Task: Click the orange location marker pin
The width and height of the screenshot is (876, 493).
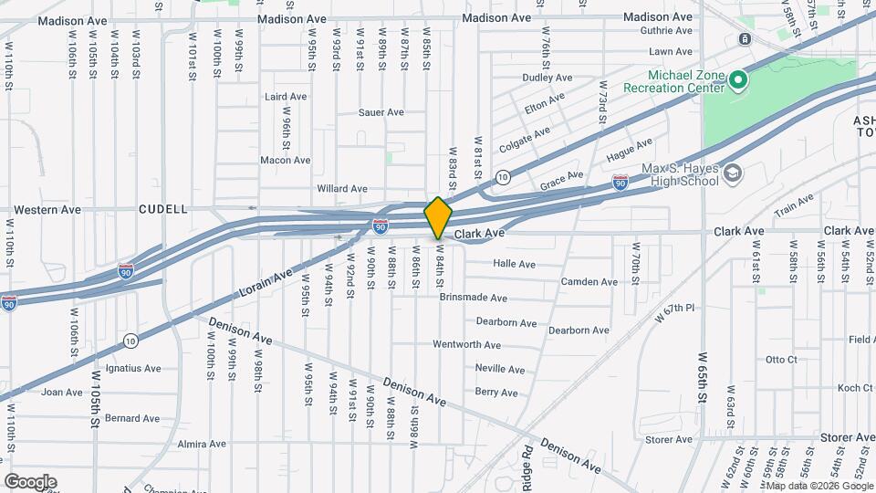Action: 439,217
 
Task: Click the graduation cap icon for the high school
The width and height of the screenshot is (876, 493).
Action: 733,173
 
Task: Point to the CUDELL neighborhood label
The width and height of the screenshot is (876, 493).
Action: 162,209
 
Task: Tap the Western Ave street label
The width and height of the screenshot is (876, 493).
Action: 47,209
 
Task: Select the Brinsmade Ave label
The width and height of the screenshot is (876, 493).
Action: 473,298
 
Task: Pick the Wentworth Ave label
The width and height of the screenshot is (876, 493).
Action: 466,345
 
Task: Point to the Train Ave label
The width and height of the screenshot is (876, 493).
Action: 794,206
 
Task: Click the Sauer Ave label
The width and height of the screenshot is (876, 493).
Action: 381,112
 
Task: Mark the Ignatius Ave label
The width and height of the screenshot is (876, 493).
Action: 133,369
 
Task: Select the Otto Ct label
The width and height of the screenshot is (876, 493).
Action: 780,360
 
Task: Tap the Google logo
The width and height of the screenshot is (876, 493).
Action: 30,481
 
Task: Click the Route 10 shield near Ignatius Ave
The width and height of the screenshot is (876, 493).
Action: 131,341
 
